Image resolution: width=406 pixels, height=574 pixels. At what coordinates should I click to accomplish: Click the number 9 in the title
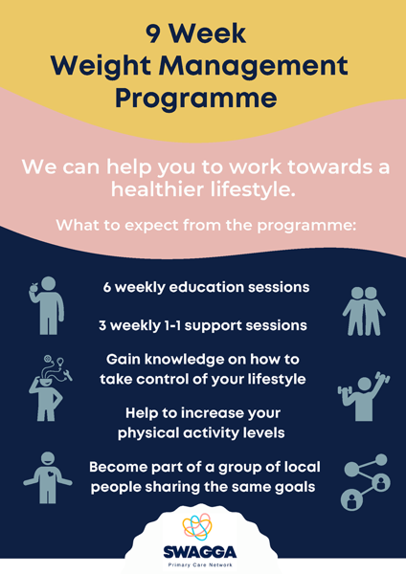click(153, 33)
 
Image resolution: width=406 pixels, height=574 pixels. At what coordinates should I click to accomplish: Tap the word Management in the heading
click(253, 66)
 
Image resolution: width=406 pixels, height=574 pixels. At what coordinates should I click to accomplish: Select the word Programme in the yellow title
click(196, 99)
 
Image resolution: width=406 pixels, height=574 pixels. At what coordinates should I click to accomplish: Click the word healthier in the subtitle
click(157, 189)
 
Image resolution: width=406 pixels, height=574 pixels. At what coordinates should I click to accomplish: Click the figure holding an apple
click(47, 305)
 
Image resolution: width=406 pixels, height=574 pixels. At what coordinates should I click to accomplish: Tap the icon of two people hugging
click(364, 311)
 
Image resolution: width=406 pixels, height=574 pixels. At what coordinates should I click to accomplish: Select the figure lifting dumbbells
click(364, 396)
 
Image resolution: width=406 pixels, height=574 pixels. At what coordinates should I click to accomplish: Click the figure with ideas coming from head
click(50, 388)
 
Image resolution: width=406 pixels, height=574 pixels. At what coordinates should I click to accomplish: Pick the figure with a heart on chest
click(48, 477)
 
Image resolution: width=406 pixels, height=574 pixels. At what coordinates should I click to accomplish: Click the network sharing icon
click(366, 482)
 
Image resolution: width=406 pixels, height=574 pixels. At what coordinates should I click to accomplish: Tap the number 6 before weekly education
click(106, 287)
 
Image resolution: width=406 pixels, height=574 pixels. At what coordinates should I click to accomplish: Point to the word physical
click(148, 433)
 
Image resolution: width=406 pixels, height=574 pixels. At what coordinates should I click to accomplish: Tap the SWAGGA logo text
click(200, 552)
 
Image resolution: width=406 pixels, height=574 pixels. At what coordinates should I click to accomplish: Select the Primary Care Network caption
click(200, 564)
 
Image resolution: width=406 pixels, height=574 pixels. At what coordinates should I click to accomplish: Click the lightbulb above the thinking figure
click(60, 363)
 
